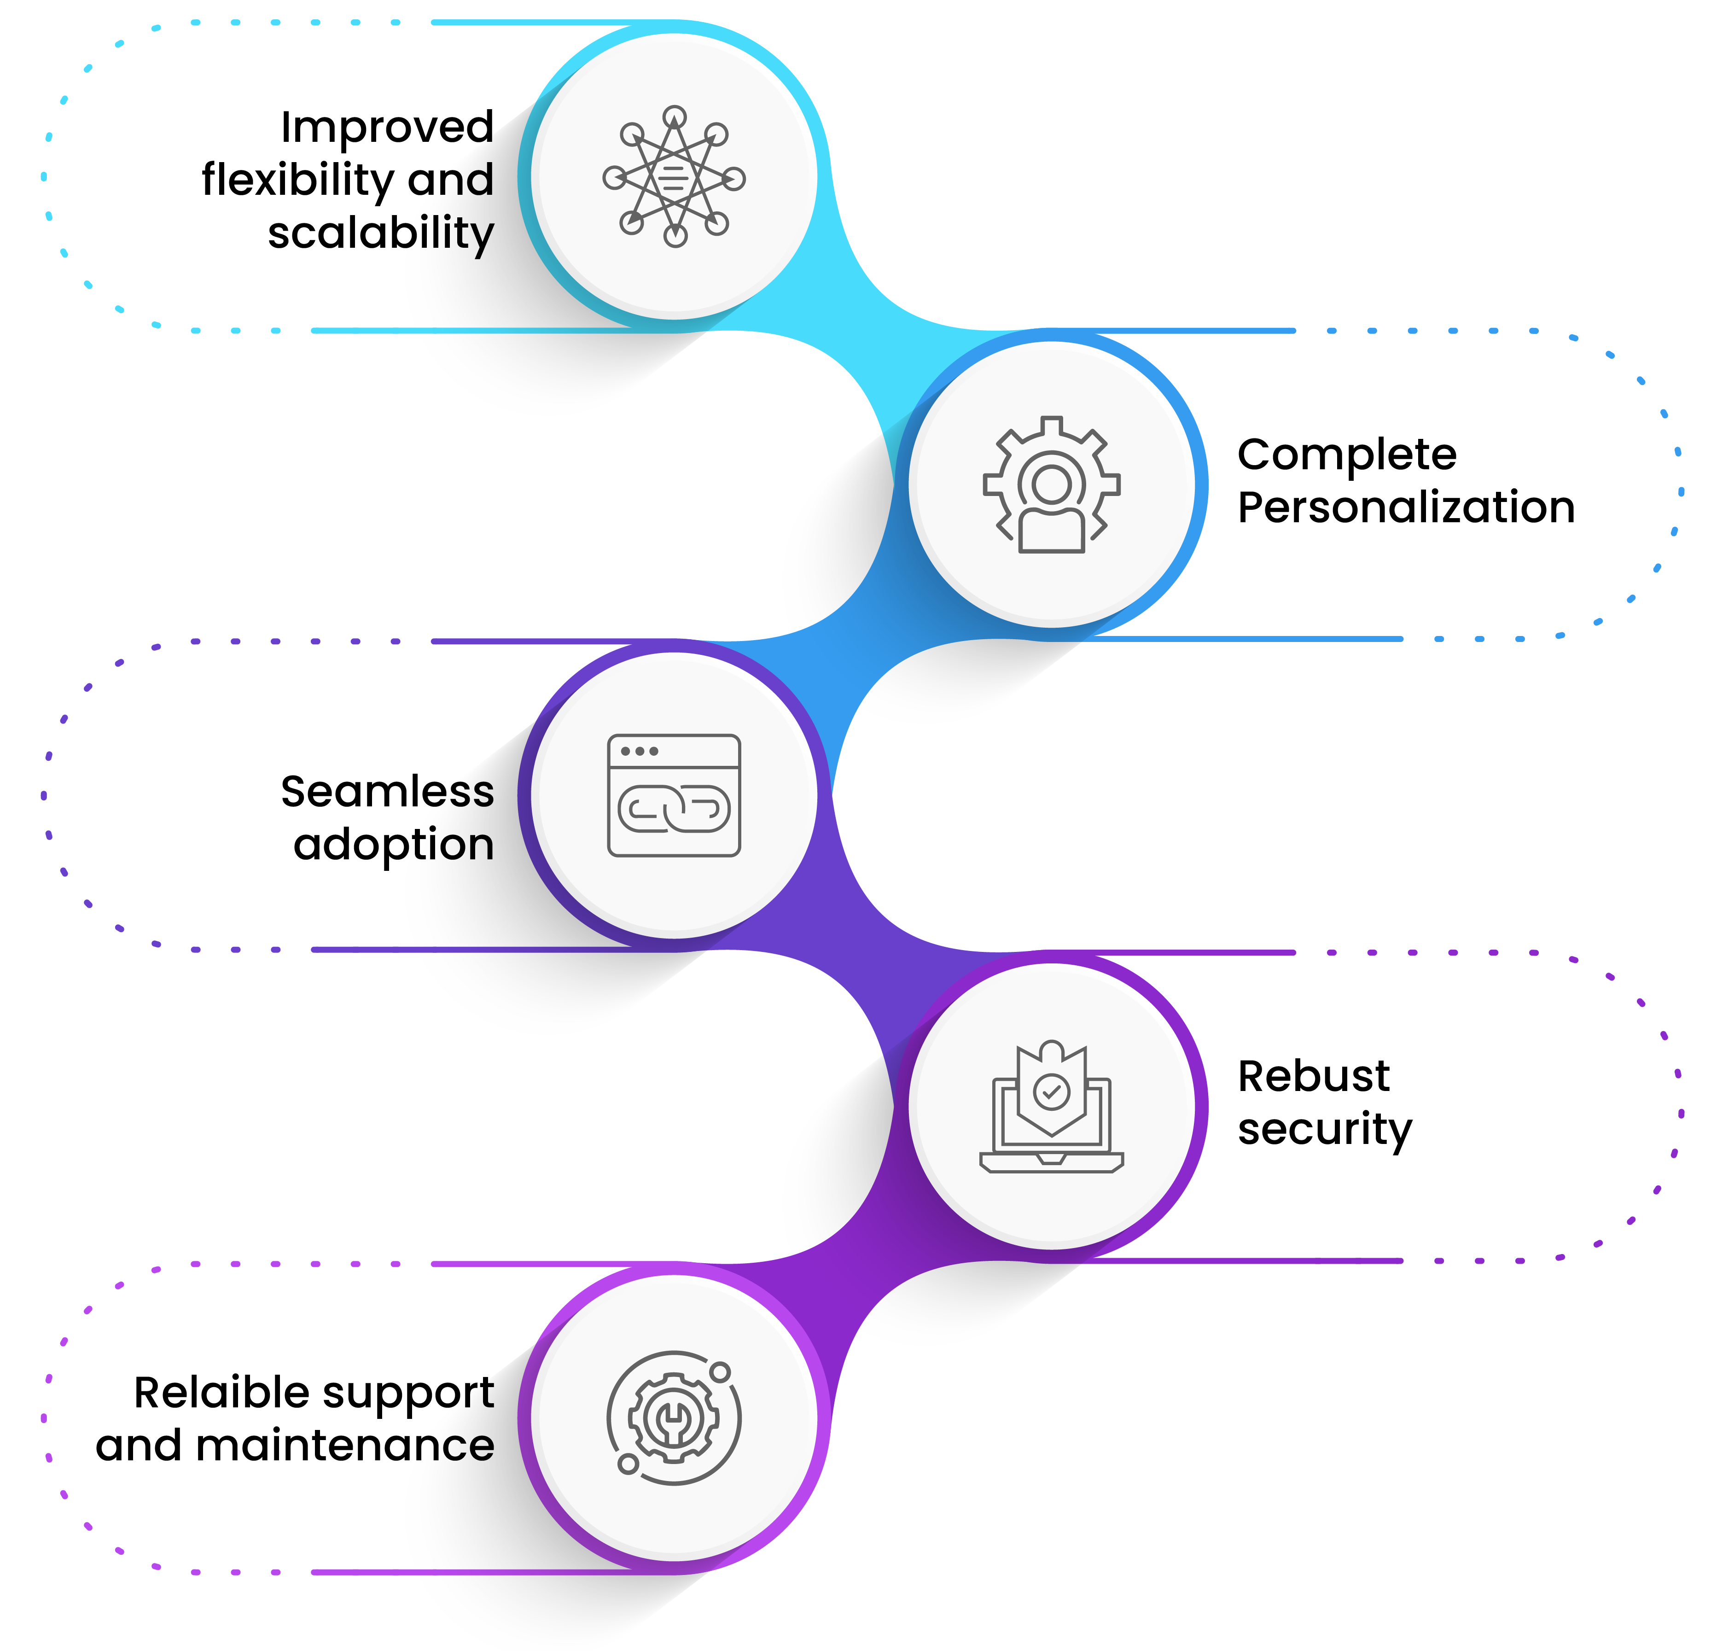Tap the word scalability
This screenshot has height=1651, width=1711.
point(381,233)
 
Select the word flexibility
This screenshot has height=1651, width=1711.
point(298,180)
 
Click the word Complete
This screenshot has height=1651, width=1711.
point(1346,455)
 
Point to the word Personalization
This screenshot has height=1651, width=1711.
point(1405,507)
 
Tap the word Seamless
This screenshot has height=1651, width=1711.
point(387,792)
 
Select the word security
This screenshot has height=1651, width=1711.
point(1324,1129)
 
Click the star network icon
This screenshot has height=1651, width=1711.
point(674,177)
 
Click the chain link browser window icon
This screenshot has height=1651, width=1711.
point(674,795)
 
